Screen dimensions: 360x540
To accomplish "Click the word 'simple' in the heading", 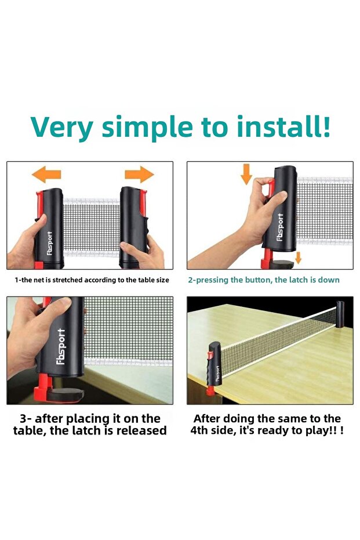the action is pos(147,128).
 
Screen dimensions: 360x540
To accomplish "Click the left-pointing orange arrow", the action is pos(46,174).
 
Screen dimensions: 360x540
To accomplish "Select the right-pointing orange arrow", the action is pos(139,174).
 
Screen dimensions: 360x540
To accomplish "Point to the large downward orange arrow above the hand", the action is pos(246,174).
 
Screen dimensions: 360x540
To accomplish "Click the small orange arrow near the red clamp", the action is pos(298,258).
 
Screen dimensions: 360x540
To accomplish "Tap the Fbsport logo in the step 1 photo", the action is pos(50,243).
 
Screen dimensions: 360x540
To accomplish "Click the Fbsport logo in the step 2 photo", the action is pos(281,227).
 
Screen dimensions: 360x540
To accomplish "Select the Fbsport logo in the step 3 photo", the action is pos(60,346).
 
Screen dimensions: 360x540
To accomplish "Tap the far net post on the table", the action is pos(340,314).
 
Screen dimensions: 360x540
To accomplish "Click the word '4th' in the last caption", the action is pos(199,430).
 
